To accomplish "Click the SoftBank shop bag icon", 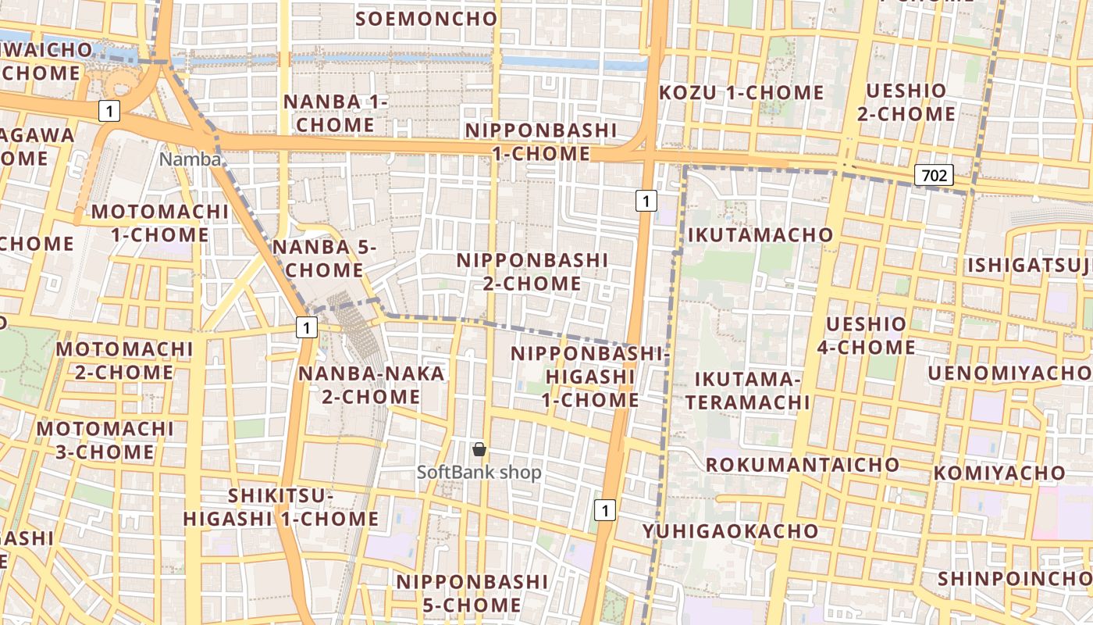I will [479, 449].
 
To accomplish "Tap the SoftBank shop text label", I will [479, 473].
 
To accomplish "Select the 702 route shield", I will [934, 175].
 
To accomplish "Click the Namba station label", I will [190, 159].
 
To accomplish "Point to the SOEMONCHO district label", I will [426, 19].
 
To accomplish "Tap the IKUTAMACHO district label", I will [760, 234].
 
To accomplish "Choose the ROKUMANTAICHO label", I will [803, 465].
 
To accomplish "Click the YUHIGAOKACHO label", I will [730, 531].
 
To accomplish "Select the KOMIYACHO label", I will [999, 473].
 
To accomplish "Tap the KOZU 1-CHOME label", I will [741, 92].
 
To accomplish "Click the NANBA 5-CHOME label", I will [324, 259].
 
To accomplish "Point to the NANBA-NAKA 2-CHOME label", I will [372, 384].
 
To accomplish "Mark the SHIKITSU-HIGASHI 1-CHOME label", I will [281, 507].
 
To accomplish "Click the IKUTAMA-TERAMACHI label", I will [752, 391].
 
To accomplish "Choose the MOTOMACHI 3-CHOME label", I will [105, 440].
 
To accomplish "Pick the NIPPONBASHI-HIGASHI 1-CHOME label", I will [591, 377].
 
